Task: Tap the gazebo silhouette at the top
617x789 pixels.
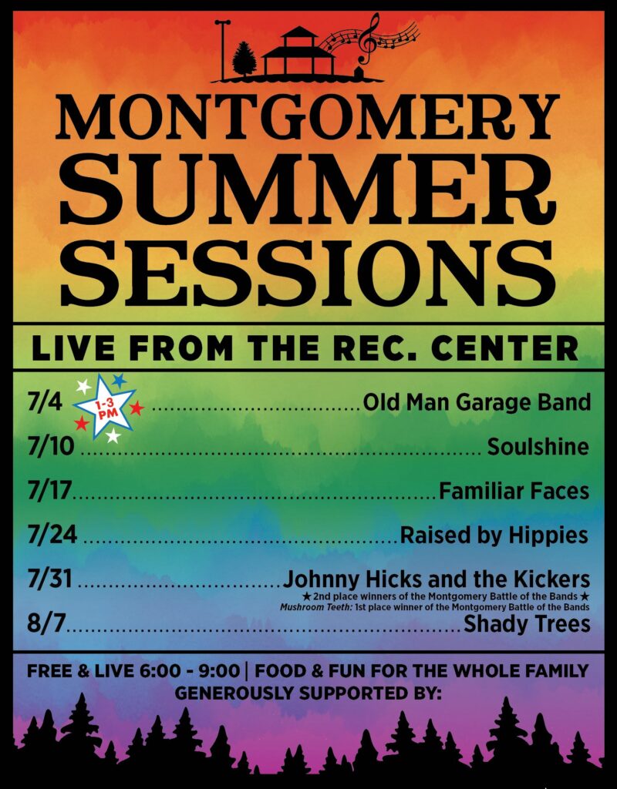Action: [x=298, y=52]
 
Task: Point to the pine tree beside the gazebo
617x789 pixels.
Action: [x=244, y=59]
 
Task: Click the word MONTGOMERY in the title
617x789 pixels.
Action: [x=307, y=118]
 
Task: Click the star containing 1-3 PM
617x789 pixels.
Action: [x=106, y=408]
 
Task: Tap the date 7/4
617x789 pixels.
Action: [x=45, y=403]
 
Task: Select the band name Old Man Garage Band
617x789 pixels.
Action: [x=477, y=402]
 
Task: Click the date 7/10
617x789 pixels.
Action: [x=51, y=446]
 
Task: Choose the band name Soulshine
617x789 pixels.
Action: [x=538, y=446]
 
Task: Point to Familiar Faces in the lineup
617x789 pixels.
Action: [x=514, y=491]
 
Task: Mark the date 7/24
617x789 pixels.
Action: [x=52, y=535]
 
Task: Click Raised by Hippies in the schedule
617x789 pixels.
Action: [x=494, y=536]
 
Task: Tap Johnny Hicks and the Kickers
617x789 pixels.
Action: [x=437, y=579]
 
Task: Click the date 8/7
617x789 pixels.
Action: [x=47, y=623]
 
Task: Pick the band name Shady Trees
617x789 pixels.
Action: [x=527, y=624]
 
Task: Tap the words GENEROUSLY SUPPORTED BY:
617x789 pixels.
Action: [x=308, y=693]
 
